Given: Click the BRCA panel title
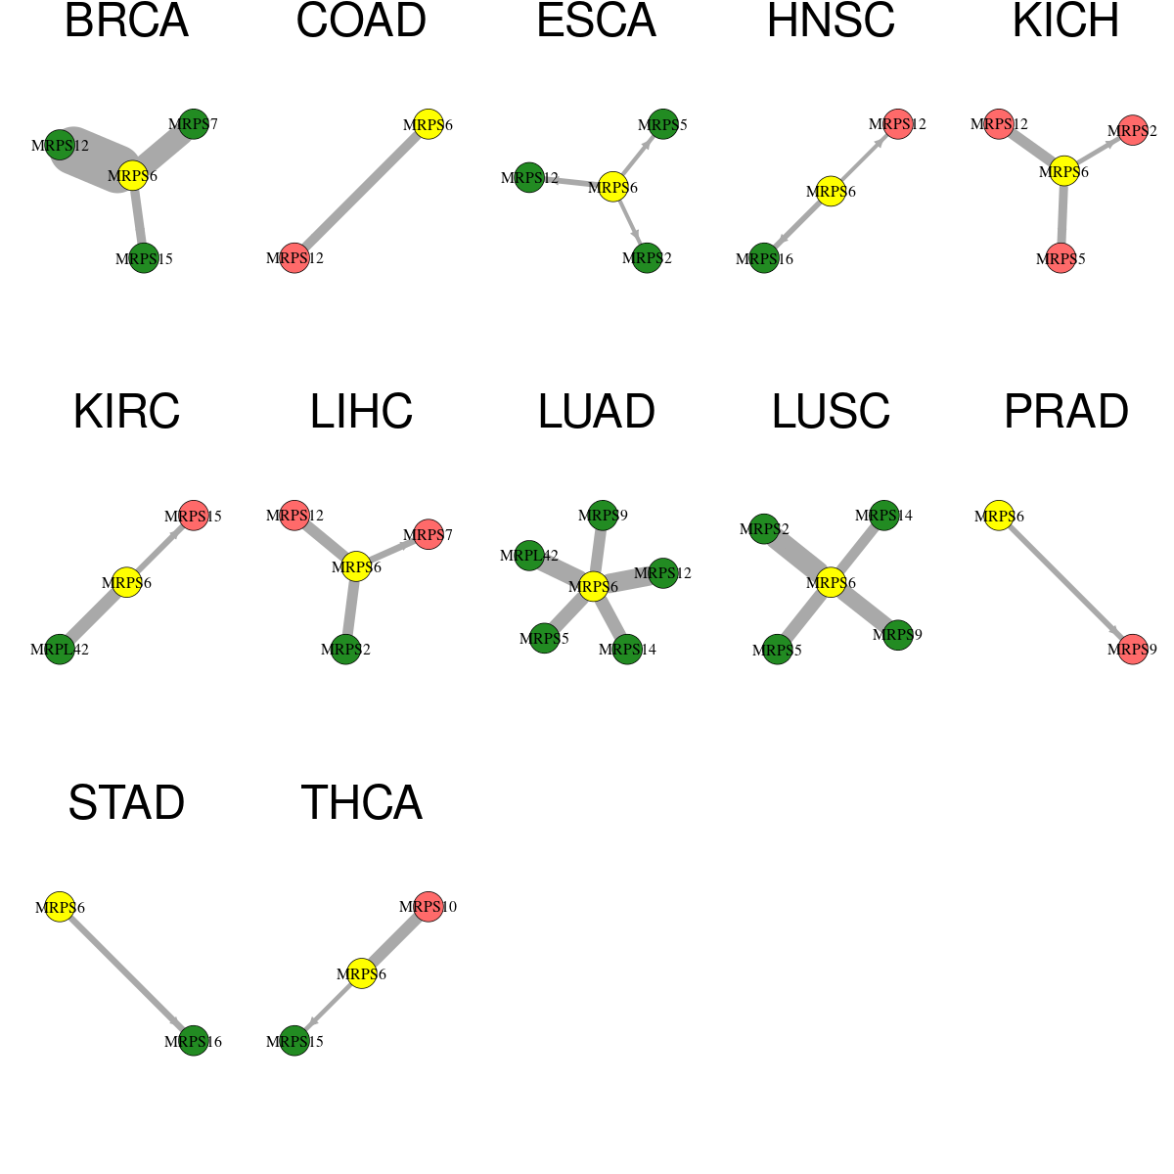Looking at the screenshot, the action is pos(127,21).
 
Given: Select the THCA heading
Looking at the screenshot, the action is pos(361,803).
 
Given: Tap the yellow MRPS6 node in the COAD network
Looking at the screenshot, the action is pos(429,124).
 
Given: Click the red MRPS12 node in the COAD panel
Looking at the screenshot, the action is pos(294,257).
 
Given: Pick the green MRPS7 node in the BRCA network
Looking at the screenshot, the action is pos(194,124).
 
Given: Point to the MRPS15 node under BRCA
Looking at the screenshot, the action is pos(144,257).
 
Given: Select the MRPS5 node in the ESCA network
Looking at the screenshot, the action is pos(663,124).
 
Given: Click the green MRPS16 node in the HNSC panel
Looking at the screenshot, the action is pos(764,257).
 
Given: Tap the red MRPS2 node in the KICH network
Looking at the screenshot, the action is pos(1133,130).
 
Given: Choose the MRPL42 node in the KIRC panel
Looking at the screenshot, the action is pos(60,649).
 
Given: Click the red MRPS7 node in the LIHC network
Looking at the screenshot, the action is pos(429,534).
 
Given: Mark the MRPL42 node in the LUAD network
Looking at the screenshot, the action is pos(529,555).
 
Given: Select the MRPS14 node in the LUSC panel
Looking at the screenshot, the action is pos(884,516).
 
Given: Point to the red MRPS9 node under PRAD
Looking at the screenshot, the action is pos(1133,649).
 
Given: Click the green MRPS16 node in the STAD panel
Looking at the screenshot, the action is pos(194,1041).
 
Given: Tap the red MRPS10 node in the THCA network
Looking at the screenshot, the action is pos(429,907).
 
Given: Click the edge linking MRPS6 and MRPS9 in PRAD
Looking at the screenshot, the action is pos(1065,582).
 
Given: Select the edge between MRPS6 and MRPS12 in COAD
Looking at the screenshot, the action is pos(361,192).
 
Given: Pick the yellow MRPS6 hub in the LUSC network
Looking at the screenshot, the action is pos(831,582).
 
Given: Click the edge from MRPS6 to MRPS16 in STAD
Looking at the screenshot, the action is pos(127,973).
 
